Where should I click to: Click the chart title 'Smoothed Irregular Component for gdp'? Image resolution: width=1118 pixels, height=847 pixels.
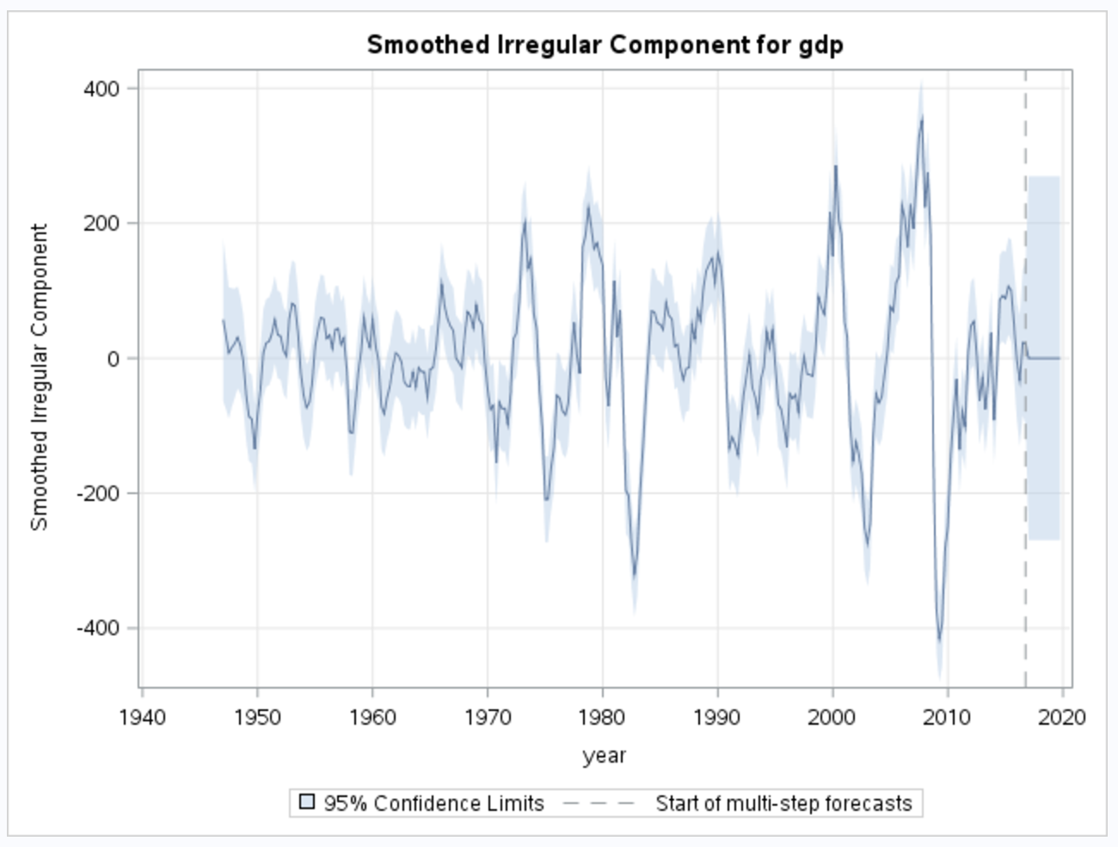coord(605,45)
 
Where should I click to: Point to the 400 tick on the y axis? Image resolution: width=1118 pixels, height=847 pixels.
coord(101,89)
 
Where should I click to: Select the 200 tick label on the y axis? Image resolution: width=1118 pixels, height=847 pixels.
coord(101,224)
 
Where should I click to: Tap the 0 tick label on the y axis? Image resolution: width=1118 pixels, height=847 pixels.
coord(114,359)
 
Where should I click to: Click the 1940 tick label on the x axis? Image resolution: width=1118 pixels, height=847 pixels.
coord(143,717)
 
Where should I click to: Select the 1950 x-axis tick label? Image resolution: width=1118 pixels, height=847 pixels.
coord(257,717)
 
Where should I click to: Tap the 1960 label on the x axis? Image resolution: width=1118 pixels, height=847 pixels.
coord(372,717)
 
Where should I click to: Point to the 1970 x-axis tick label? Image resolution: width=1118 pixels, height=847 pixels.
coord(488,717)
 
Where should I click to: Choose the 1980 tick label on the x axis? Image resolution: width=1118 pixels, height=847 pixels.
coord(602,717)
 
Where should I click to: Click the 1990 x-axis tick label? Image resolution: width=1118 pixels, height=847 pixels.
coord(717,717)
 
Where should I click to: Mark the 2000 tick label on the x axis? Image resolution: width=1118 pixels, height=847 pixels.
coord(832,717)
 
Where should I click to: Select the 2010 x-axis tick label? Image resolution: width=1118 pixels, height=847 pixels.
coord(947,717)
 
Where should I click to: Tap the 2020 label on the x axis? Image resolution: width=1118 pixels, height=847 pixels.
coord(1062,717)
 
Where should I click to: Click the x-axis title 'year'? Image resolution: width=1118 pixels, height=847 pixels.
coord(605,756)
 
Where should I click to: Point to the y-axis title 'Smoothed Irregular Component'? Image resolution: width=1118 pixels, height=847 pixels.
coord(40,377)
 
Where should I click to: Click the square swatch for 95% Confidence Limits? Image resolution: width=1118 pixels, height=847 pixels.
coord(307,802)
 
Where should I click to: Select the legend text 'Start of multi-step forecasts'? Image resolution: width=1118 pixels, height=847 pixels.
coord(783,803)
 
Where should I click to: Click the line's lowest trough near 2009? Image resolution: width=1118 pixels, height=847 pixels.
coord(939,640)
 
